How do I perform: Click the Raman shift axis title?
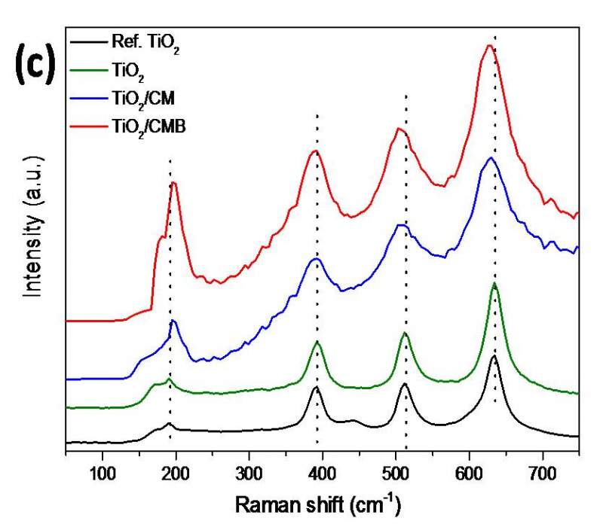click(316, 503)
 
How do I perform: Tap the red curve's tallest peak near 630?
click(489, 46)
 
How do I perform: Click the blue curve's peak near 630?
click(491, 157)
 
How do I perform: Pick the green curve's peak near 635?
click(494, 285)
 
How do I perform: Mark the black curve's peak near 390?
click(317, 388)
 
